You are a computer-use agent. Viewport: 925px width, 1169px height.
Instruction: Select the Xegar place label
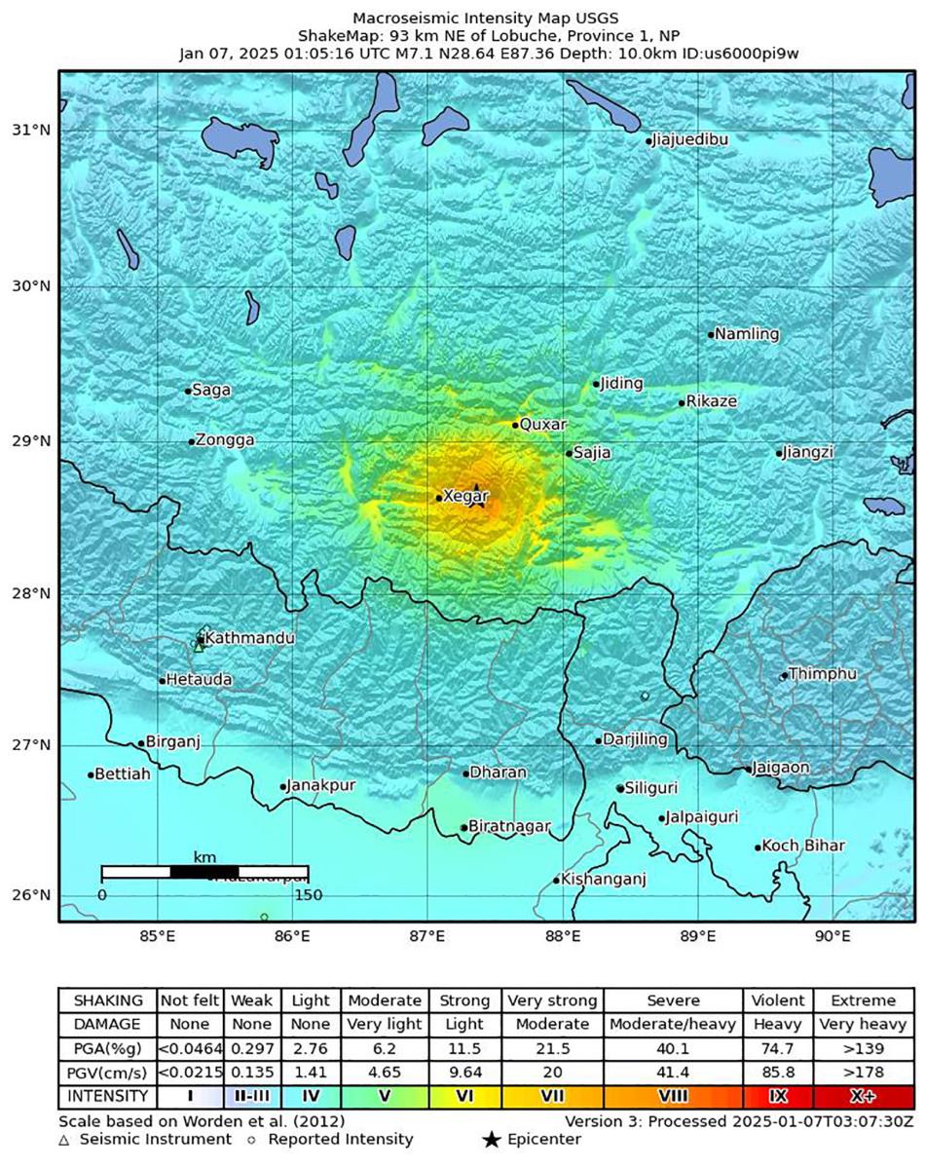pyautogui.click(x=462, y=496)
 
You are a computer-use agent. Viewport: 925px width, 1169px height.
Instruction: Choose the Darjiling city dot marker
pyautogui.click(x=599, y=740)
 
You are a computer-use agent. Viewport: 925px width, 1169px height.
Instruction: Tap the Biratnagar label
pyautogui.click(x=509, y=826)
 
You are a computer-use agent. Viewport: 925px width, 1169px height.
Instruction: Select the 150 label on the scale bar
pyautogui.click(x=309, y=894)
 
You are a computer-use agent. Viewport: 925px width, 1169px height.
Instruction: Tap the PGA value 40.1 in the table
pyautogui.click(x=674, y=1048)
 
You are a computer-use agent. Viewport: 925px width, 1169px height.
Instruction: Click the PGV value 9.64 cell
pyautogui.click(x=464, y=1073)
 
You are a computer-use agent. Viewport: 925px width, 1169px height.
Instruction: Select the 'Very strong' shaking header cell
pyautogui.click(x=552, y=1000)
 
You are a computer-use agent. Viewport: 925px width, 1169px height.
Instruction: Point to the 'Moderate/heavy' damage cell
pyautogui.click(x=674, y=1024)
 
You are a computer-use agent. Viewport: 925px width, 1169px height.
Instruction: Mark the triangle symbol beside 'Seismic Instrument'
pyautogui.click(x=63, y=1139)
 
